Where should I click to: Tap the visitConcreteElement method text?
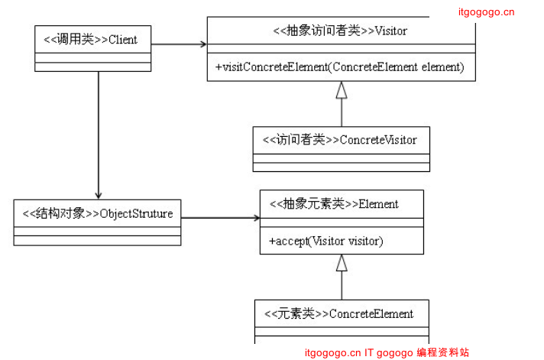coord(339,67)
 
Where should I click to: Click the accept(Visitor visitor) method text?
coord(326,241)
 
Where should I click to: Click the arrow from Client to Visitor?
coord(179,44)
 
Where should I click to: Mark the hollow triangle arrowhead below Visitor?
coord(342,90)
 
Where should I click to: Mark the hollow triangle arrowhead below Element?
coord(342,264)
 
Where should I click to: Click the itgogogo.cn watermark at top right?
coord(486,11)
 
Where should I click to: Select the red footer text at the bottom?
coord(387,352)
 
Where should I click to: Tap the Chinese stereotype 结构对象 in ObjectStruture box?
coord(61,213)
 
